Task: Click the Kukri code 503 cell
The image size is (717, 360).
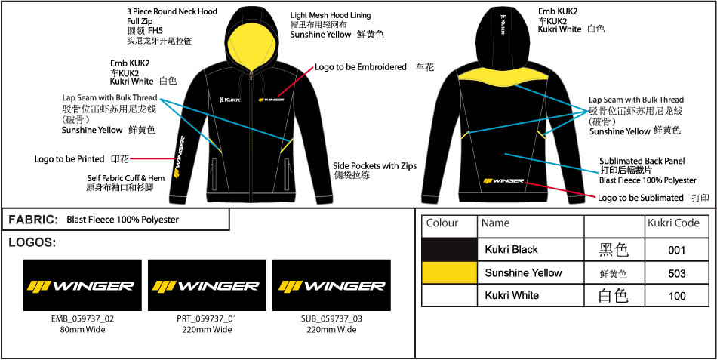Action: click(677, 273)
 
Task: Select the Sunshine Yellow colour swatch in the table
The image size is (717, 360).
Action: click(450, 273)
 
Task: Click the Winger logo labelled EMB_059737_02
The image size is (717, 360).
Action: click(82, 285)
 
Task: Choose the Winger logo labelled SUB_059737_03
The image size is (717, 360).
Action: click(331, 285)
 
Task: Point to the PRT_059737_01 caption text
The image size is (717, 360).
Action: click(207, 318)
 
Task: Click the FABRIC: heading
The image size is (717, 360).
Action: click(33, 220)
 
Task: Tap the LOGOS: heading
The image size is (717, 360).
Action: click(32, 243)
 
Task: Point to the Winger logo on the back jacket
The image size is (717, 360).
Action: click(503, 181)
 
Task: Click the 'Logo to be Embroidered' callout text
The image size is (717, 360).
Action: click(360, 67)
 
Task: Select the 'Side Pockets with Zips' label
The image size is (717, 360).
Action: click(374, 166)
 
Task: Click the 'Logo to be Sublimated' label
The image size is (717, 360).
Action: click(641, 198)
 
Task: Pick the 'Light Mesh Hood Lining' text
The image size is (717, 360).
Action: click(330, 15)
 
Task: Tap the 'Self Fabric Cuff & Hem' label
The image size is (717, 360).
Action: click(126, 177)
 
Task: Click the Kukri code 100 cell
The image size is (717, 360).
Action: click(677, 296)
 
